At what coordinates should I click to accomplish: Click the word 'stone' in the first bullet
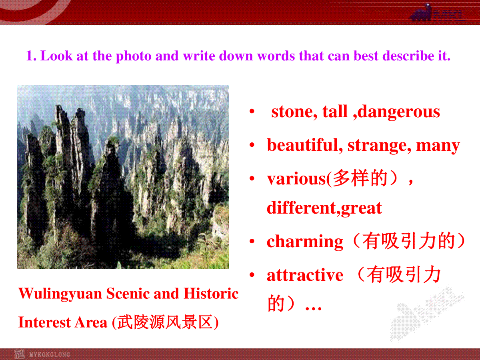click(294, 112)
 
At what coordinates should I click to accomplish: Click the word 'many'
click(438, 146)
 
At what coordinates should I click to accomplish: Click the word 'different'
click(301, 208)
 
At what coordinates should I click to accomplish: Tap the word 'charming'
click(305, 242)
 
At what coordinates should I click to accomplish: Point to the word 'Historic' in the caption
click(211, 293)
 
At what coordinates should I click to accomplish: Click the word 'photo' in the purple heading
click(134, 56)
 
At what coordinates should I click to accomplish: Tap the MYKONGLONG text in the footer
click(50, 354)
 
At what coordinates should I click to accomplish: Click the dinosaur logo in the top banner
click(421, 13)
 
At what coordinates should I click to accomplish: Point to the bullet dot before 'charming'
click(252, 241)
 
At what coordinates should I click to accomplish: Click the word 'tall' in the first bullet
click(335, 112)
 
